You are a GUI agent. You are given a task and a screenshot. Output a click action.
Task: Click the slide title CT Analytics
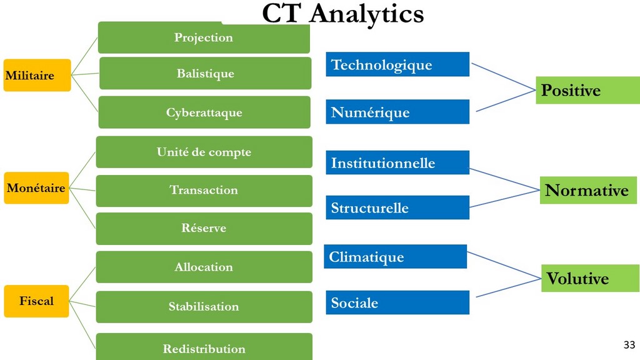[x=343, y=14]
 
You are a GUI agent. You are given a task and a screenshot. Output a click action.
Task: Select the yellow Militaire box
[x=37, y=75]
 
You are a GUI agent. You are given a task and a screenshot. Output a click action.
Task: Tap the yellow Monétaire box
[x=36, y=187]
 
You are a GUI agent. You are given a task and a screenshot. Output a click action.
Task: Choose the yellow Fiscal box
[x=36, y=301]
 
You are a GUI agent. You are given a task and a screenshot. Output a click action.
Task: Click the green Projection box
[x=204, y=37]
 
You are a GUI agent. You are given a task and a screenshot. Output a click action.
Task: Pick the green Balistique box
[x=205, y=73]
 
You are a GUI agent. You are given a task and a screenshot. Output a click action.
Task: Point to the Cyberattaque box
[x=204, y=112]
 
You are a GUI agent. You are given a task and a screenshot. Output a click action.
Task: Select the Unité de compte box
[x=204, y=152]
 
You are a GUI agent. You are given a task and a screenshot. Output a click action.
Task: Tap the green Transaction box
[x=204, y=191]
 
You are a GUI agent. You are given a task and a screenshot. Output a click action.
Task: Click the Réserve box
[x=204, y=229]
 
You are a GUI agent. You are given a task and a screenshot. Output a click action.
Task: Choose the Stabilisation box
[x=204, y=307]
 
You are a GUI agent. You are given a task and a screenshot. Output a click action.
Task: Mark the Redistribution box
[x=204, y=347]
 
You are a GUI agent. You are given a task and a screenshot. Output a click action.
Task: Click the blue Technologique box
[x=397, y=64]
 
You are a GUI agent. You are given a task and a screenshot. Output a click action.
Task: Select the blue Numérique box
[x=397, y=112]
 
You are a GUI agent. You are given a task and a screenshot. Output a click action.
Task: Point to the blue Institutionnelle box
[x=397, y=162]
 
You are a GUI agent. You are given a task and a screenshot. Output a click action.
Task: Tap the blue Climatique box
[x=395, y=256]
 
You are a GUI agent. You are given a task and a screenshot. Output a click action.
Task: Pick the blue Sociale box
[x=397, y=302]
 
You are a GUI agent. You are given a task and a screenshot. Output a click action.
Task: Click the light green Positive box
[x=587, y=90]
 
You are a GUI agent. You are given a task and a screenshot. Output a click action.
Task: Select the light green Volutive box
[x=590, y=278]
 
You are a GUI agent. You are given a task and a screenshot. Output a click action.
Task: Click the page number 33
[x=629, y=344]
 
